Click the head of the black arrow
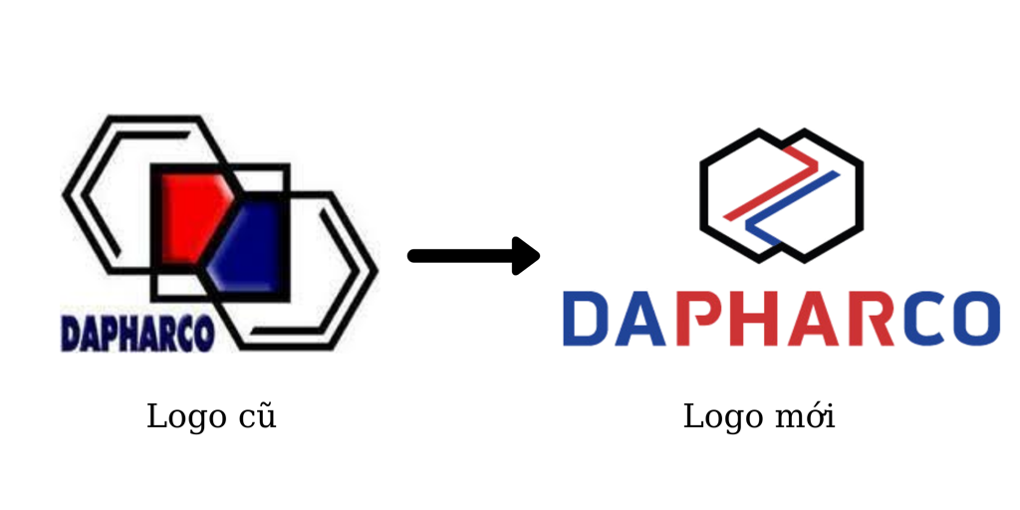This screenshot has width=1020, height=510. (525, 256)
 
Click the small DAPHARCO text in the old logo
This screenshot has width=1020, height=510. (137, 334)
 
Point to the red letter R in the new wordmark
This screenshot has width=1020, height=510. (871, 319)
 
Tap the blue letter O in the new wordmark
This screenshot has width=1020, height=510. (976, 319)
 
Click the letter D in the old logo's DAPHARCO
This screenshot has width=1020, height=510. (71, 334)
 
